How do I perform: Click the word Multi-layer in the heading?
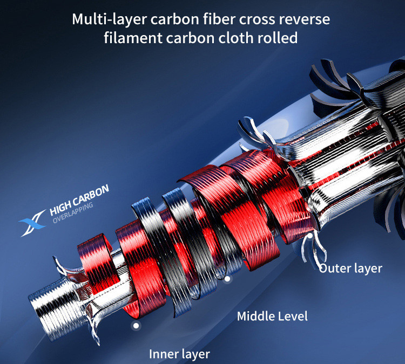coord(110,19)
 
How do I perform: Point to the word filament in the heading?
coord(133,38)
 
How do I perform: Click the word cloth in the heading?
coord(236,38)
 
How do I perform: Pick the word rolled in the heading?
coord(278,38)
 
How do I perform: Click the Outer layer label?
coord(350,269)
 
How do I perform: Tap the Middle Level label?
coord(272,316)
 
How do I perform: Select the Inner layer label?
coord(179,354)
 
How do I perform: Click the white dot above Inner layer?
coord(136,326)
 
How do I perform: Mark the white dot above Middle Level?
coord(227,279)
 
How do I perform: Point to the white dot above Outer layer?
coord(310,236)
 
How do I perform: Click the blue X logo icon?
coord(32,223)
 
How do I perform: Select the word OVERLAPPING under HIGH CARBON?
coord(72,213)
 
